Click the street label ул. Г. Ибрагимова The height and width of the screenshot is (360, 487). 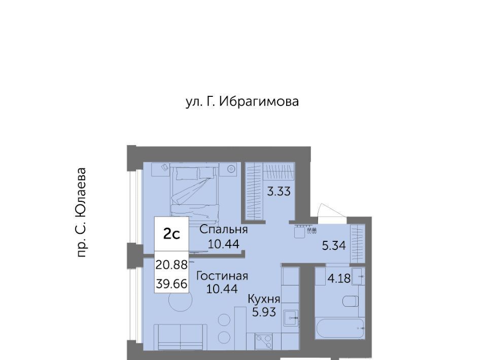242,102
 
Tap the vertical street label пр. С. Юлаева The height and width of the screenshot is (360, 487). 81,212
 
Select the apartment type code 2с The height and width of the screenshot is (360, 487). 172,234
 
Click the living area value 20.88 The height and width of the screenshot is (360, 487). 171,265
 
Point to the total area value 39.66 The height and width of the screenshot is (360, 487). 171,283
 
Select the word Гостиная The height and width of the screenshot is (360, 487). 222,276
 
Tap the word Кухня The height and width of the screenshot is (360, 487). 264,299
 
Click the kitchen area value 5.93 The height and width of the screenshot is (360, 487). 264,312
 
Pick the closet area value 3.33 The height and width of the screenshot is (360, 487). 279,191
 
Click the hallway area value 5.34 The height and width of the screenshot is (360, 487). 334,246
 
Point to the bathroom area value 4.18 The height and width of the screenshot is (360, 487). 339,278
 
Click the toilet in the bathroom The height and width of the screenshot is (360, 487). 351,301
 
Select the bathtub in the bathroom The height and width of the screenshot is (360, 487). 339,329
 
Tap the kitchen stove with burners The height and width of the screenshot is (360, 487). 264,342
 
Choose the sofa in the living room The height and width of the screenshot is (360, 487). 181,337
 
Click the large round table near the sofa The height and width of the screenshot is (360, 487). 181,300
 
